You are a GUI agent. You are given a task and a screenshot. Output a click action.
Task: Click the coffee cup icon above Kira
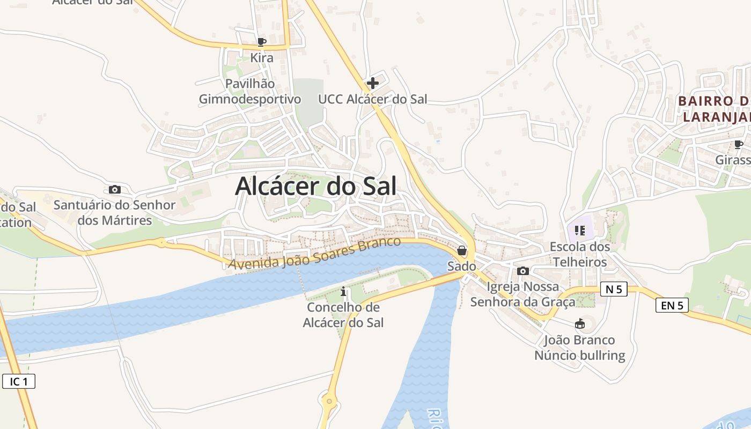click(x=262, y=42)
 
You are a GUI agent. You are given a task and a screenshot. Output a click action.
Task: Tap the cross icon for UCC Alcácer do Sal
click(x=372, y=83)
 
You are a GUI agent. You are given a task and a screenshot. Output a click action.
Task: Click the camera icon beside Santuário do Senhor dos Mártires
click(x=114, y=189)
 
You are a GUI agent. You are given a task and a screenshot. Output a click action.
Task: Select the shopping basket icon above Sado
click(x=461, y=250)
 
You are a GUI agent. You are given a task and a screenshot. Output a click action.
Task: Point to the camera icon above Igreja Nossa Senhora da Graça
click(x=523, y=271)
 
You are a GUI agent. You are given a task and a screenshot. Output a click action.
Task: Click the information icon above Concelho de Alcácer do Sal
click(x=344, y=292)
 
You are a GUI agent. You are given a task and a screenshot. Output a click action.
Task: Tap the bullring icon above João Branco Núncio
click(x=579, y=324)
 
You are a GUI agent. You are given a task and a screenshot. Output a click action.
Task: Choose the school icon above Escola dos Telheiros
click(x=579, y=231)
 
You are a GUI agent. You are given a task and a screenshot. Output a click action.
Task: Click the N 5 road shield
click(x=614, y=289)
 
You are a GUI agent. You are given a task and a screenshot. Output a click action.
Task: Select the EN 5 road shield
click(x=672, y=305)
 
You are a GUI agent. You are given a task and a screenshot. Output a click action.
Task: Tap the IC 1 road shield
click(x=19, y=381)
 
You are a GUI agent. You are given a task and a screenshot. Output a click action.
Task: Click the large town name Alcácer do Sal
click(x=315, y=187)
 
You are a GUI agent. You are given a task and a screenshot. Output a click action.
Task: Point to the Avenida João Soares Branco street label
click(x=314, y=253)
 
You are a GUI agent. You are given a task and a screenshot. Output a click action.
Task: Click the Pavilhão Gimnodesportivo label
click(x=250, y=92)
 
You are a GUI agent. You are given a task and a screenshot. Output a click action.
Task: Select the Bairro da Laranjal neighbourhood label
click(x=714, y=109)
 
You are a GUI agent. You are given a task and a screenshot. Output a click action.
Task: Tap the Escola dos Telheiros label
click(x=580, y=255)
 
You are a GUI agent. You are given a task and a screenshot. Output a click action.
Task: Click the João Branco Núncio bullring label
click(x=580, y=347)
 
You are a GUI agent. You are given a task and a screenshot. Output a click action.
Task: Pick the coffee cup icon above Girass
click(x=738, y=144)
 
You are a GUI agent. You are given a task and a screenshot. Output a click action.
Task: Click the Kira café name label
click(x=262, y=58)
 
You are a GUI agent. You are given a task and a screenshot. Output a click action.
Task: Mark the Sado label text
click(x=461, y=266)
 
